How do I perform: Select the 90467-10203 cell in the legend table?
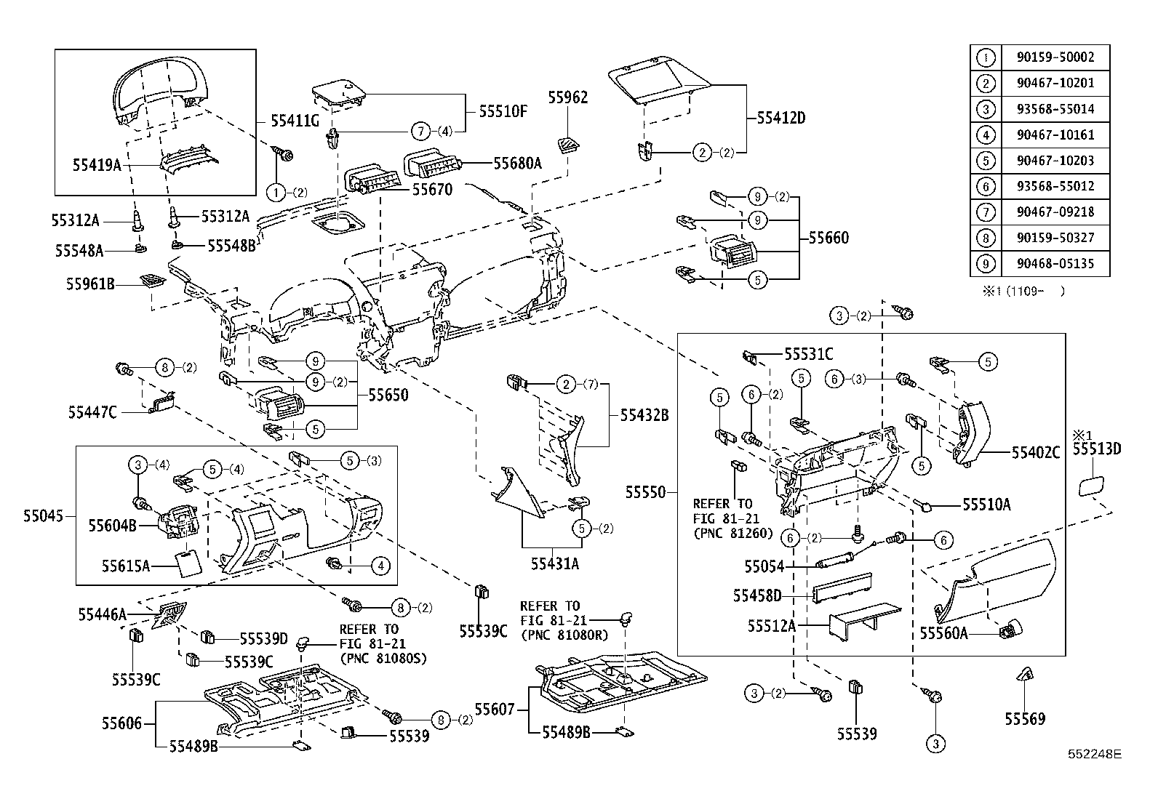[1055, 161]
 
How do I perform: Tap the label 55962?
[568, 97]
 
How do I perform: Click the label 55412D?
[781, 118]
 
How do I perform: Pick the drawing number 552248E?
[1095, 755]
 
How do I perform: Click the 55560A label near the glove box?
[943, 633]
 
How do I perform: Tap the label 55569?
[1025, 719]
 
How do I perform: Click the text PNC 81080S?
[383, 658]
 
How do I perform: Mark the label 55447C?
[92, 412]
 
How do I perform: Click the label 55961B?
[91, 284]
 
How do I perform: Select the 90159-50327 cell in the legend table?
[1055, 238]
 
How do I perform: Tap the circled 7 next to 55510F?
[420, 132]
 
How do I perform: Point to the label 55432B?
[644, 415]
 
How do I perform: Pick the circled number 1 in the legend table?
[986, 57]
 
